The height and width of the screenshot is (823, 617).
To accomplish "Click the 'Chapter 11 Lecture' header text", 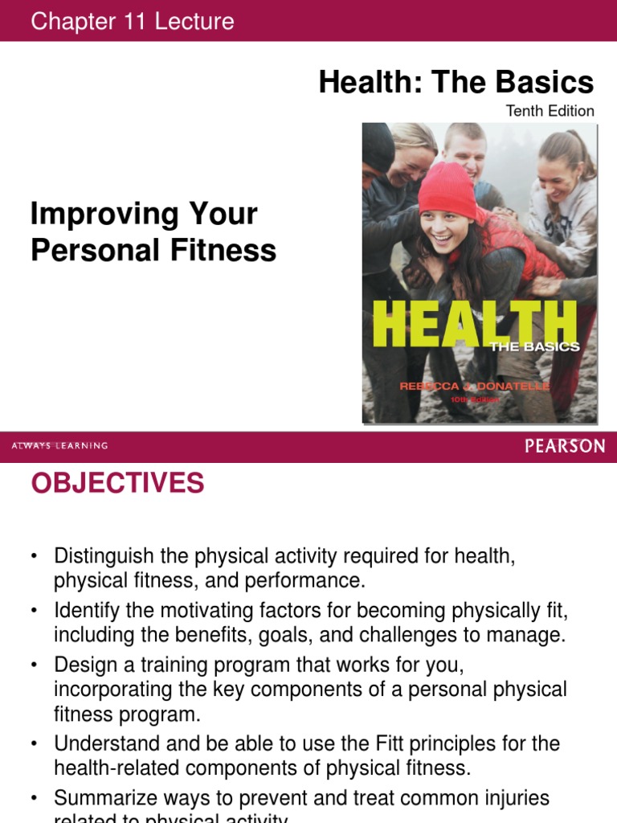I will click(x=133, y=22).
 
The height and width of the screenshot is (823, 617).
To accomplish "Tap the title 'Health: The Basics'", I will click(x=456, y=81).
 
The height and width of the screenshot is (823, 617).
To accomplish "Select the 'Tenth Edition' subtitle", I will click(x=550, y=111).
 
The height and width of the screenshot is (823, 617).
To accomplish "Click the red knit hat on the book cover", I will click(x=447, y=190).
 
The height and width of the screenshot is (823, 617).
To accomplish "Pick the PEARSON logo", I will click(x=565, y=446).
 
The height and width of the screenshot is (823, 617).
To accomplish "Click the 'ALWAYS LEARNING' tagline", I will click(x=59, y=446).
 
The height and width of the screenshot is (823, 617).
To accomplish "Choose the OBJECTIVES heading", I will click(x=117, y=484).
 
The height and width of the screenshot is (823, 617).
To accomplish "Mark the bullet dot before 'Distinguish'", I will click(x=35, y=556).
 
